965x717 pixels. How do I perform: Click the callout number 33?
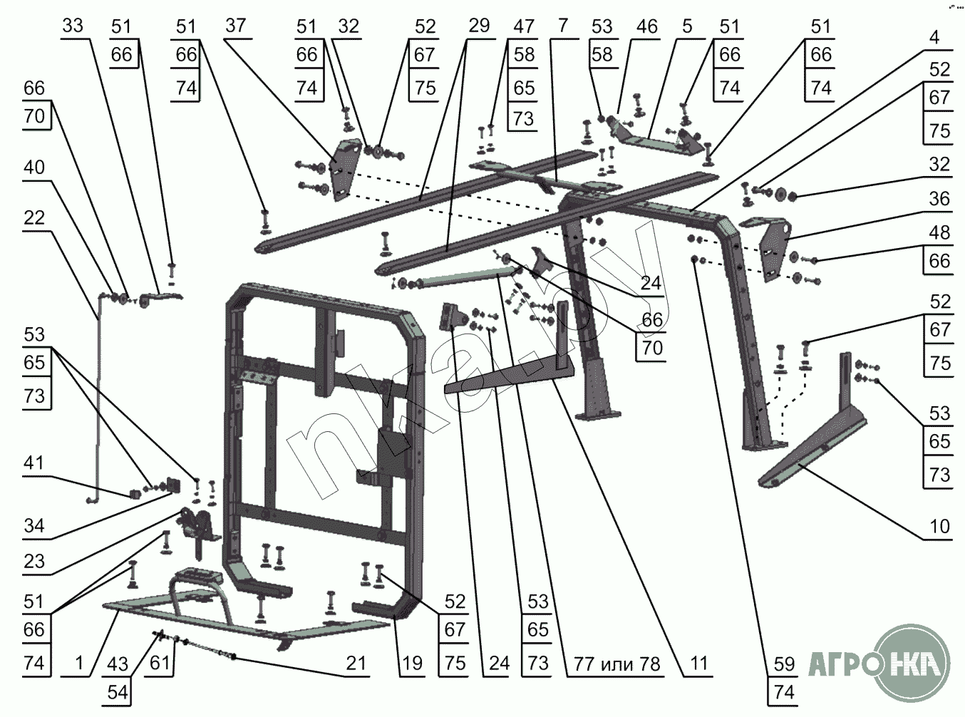click(73, 26)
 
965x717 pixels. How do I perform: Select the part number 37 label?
click(235, 26)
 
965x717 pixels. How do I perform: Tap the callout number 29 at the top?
click(479, 26)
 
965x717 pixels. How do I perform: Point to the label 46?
click(646, 26)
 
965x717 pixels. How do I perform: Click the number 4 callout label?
click(934, 36)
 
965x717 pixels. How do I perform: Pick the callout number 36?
click(939, 198)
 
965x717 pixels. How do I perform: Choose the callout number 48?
click(939, 232)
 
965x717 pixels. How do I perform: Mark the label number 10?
click(939, 526)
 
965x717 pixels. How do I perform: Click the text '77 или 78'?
click(617, 664)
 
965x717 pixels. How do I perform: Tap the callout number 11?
click(699, 664)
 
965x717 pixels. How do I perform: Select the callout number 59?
click(784, 664)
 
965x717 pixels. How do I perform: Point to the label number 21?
click(356, 664)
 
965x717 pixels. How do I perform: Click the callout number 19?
click(412, 664)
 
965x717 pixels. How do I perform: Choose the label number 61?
click(160, 664)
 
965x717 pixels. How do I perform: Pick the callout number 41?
click(33, 463)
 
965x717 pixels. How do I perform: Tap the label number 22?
click(33, 218)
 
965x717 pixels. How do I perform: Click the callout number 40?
click(33, 167)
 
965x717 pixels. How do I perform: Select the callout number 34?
click(33, 526)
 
